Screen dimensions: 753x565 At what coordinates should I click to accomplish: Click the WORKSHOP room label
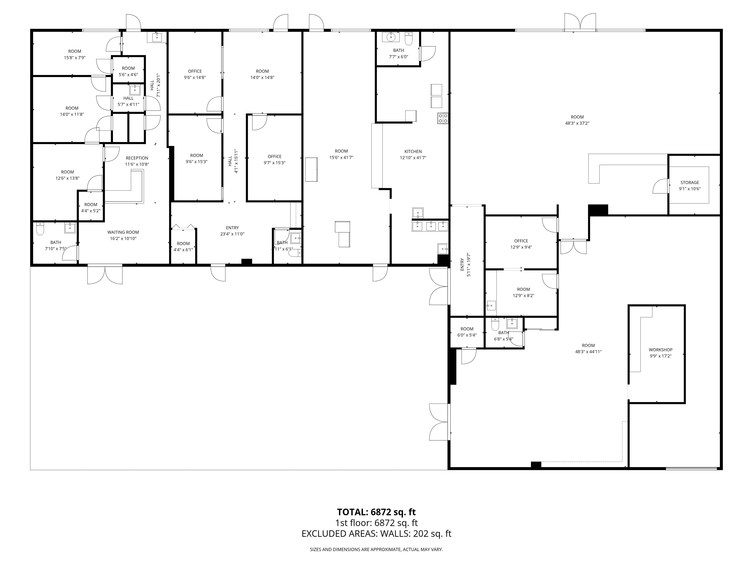coord(660,350)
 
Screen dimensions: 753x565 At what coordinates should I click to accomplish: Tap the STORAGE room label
coord(690,182)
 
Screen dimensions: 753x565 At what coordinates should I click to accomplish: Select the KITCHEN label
coord(413,152)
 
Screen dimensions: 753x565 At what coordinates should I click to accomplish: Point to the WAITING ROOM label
coord(123,232)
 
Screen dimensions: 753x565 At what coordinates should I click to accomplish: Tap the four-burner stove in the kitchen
coord(443,118)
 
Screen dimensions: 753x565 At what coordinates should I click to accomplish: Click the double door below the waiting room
coord(105,275)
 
